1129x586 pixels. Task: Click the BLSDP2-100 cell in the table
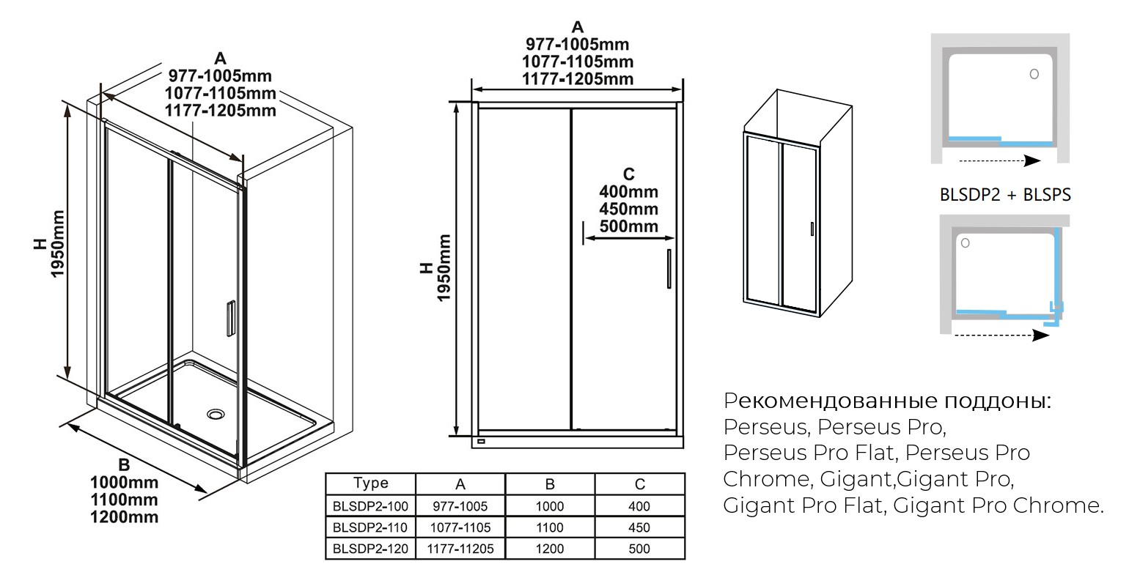click(x=370, y=506)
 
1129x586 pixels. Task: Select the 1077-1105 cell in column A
click(x=460, y=527)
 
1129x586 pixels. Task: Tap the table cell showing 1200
click(x=550, y=549)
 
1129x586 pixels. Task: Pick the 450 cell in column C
click(x=639, y=527)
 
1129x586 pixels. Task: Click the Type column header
click(x=370, y=483)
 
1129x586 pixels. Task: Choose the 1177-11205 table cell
click(x=460, y=549)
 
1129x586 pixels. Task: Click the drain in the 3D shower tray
click(x=216, y=414)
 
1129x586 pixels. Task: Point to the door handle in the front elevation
click(x=669, y=269)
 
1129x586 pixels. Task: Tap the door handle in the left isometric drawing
click(x=231, y=318)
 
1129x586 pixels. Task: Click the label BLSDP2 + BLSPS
click(x=1005, y=195)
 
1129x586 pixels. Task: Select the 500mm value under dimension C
click(x=628, y=226)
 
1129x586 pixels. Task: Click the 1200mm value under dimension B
click(x=124, y=517)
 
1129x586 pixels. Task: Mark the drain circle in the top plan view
click(x=1034, y=74)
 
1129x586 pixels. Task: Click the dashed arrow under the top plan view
click(x=1000, y=161)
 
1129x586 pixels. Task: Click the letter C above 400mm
click(x=628, y=174)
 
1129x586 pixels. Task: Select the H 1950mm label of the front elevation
click(x=435, y=268)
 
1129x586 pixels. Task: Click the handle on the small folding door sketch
click(x=812, y=229)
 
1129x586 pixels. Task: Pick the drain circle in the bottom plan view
click(x=966, y=243)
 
